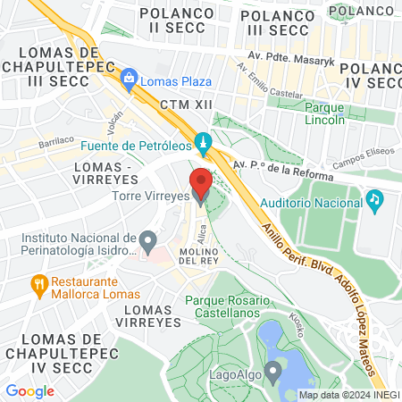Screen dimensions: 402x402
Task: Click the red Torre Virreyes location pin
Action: pos(200,182)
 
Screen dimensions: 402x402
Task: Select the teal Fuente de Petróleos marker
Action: pos(205,142)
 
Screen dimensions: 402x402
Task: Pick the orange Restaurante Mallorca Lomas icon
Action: pos(38,286)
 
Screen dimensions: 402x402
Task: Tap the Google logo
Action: pos(29,390)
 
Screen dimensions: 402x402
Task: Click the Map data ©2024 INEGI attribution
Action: pos(349,395)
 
